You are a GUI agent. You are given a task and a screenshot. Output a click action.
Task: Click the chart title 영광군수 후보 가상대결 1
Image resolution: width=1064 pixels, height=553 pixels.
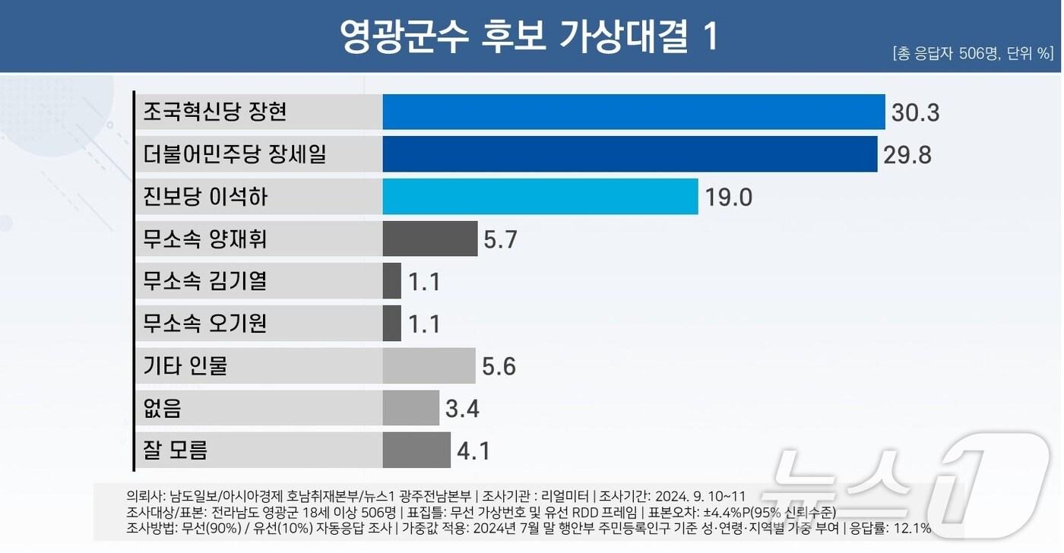pos(529,36)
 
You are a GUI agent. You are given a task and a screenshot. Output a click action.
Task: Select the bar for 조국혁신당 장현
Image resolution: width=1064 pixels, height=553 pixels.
pos(633,112)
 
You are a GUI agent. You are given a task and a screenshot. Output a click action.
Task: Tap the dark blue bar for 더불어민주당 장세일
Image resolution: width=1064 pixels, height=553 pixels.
pos(629,154)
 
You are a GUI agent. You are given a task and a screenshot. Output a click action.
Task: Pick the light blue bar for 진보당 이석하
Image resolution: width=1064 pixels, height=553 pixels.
pos(540,197)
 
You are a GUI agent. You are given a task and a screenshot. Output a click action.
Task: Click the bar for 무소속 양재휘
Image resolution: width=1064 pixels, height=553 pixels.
pos(429,239)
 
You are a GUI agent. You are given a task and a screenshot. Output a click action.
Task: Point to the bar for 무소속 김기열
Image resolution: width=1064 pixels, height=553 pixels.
pos(391,281)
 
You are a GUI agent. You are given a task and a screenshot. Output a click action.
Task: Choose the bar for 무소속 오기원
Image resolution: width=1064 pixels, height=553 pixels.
pos(391,324)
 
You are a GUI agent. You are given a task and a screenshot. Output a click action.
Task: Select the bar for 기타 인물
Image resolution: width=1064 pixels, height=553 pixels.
pos(429,366)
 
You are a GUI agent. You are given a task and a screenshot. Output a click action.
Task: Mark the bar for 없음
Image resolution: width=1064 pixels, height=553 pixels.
pos(410,409)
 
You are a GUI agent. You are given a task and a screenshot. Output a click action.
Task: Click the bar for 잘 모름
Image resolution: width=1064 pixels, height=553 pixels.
pos(416,450)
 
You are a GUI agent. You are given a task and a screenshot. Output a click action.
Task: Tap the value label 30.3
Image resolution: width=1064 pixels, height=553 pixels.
pos(915,113)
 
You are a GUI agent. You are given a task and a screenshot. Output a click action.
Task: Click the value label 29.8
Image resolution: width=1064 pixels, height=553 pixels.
pos(907,155)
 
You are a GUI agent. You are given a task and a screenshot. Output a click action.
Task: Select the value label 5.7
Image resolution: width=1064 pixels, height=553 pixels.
pos(500,240)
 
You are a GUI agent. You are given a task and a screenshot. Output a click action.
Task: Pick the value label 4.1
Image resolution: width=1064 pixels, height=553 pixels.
pos(473,451)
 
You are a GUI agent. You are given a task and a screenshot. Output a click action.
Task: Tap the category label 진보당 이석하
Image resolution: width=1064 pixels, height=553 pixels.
pos(205,197)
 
